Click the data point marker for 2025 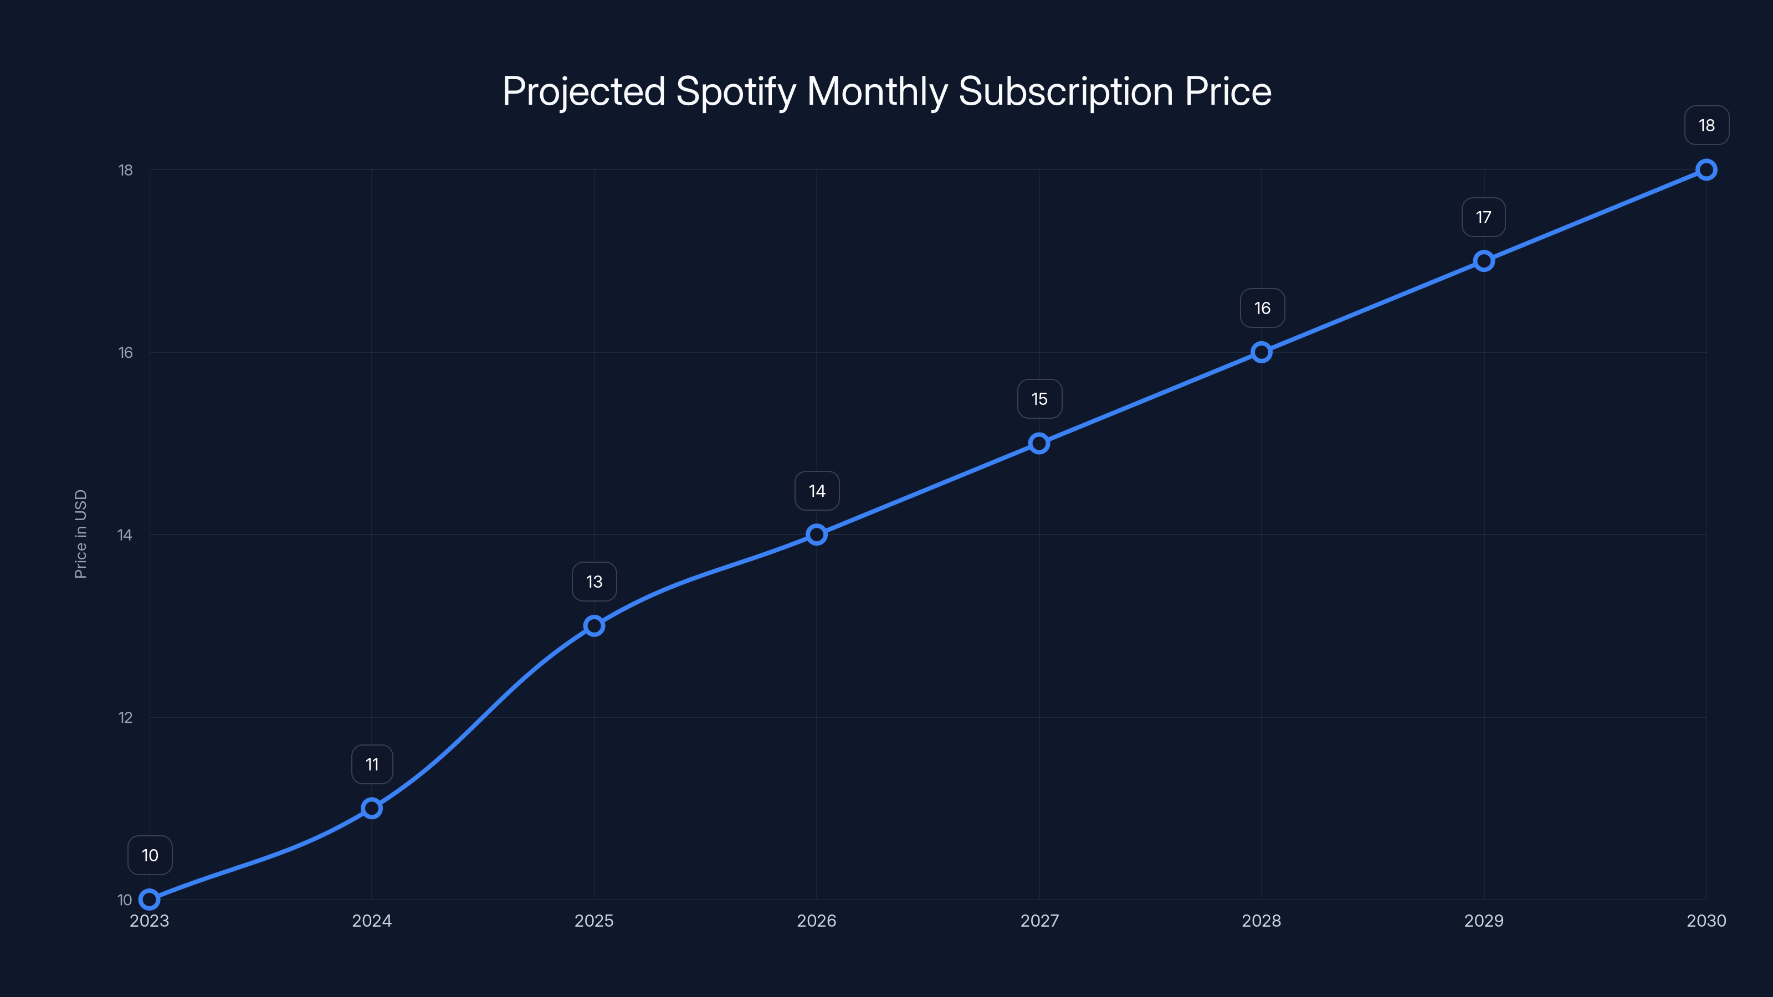pyautogui.click(x=594, y=625)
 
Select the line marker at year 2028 pyautogui.click(x=1261, y=352)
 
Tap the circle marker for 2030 pyautogui.click(x=1705, y=169)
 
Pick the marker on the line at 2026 pyautogui.click(x=816, y=535)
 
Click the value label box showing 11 pyautogui.click(x=372, y=764)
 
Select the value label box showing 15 pyautogui.click(x=1039, y=399)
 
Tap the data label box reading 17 pyautogui.click(x=1483, y=218)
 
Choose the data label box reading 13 pyautogui.click(x=594, y=582)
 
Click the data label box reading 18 pyautogui.click(x=1707, y=125)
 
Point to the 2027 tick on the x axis pyautogui.click(x=1039, y=921)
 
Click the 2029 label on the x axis pyautogui.click(x=1483, y=921)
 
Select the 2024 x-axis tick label pyautogui.click(x=372, y=921)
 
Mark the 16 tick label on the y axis pyautogui.click(x=125, y=352)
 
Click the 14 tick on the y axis pyautogui.click(x=125, y=535)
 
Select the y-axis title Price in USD pyautogui.click(x=80, y=534)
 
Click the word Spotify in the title pyautogui.click(x=735, y=92)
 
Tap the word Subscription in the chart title pyautogui.click(x=1065, y=92)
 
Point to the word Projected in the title pyautogui.click(x=583, y=92)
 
